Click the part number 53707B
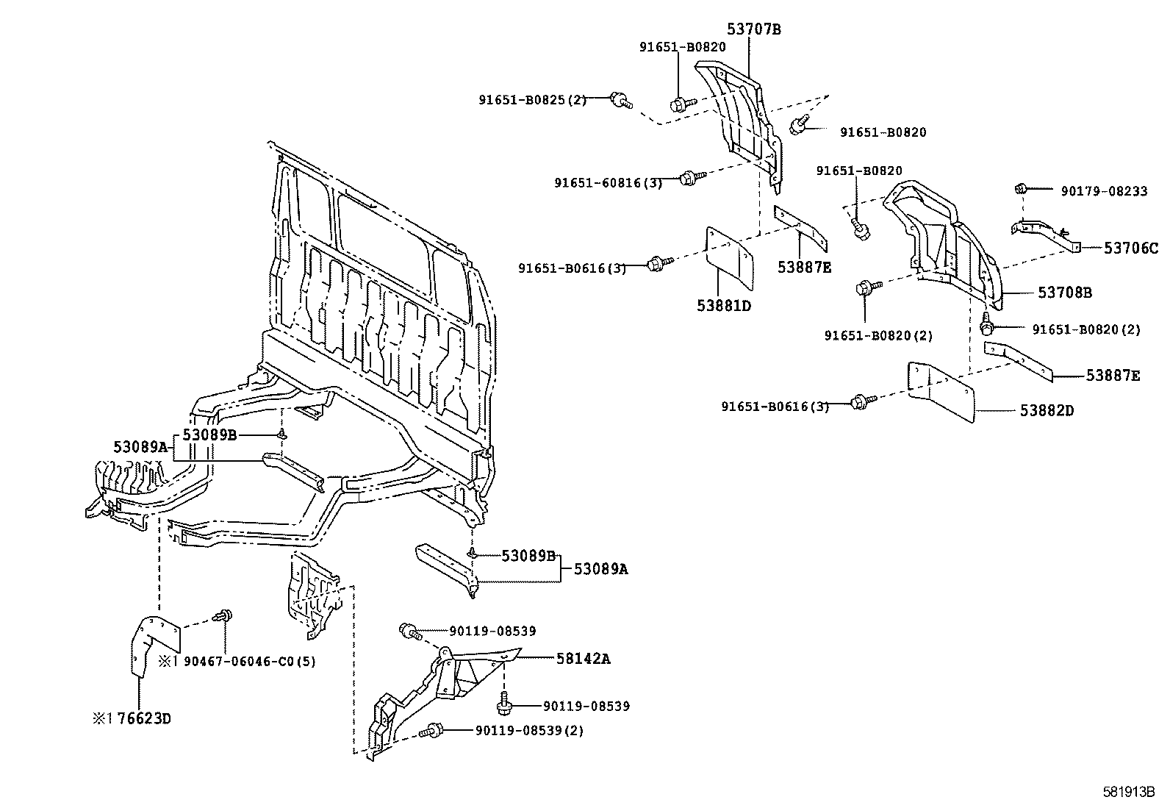tap(754, 29)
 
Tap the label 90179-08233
tap(1103, 190)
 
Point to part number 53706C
tap(1130, 249)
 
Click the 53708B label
tap(1065, 293)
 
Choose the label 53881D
tap(724, 304)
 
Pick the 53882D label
tap(1046, 410)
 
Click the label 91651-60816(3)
tap(609, 183)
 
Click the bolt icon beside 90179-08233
tap(1021, 188)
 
